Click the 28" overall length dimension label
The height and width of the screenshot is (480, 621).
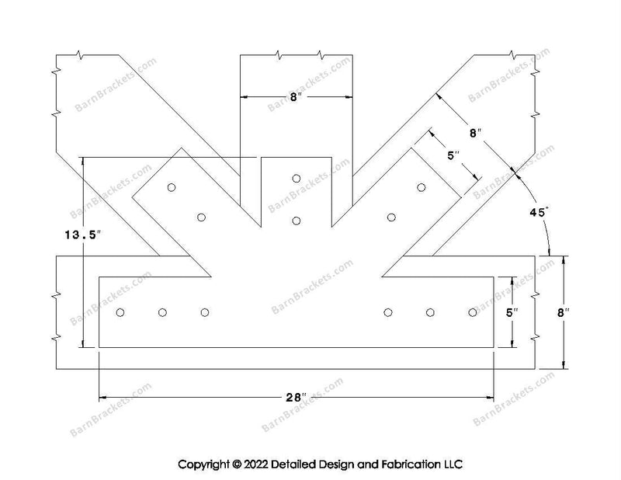294,398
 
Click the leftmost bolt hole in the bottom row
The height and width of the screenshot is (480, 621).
120,312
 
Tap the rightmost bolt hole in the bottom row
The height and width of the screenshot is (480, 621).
473,312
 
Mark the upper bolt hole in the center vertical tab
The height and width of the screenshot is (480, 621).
297,179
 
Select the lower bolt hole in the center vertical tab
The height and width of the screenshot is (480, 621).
297,221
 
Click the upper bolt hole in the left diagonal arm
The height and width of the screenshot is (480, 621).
171,187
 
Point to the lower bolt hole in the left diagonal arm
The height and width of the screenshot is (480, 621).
201,217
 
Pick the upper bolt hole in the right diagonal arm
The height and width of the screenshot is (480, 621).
422,187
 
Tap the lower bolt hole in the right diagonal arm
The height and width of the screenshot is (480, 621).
391,217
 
